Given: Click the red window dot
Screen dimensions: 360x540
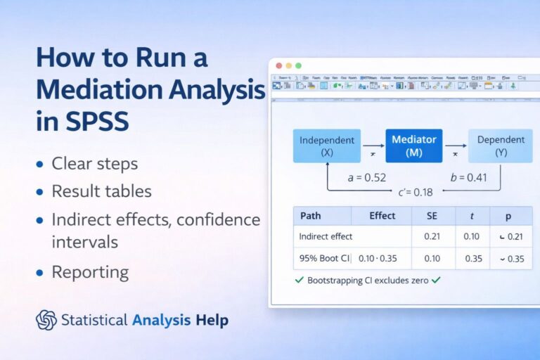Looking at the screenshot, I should [x=279, y=65].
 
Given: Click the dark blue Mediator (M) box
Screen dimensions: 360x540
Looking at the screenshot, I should [x=414, y=146].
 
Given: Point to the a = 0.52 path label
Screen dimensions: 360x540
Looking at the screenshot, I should [x=367, y=178].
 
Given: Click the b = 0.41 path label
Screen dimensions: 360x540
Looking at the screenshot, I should [x=468, y=178].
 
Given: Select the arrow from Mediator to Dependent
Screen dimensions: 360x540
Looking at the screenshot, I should [x=456, y=146].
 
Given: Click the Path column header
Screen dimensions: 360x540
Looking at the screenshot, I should [x=311, y=216].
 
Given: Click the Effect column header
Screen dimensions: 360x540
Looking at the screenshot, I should [x=382, y=216].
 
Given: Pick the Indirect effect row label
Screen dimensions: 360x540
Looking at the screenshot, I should [x=326, y=237].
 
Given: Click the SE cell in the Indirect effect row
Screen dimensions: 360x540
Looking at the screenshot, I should [x=432, y=237].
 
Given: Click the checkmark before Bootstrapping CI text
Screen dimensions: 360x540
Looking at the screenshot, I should [x=301, y=280].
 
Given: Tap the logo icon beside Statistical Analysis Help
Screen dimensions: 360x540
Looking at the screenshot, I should [x=46, y=320].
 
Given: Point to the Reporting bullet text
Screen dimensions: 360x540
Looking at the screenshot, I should [x=90, y=272].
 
